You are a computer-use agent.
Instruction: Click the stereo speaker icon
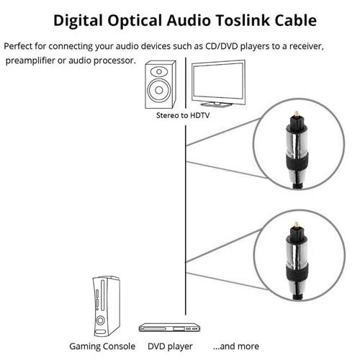[159, 83]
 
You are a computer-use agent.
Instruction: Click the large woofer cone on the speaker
[159, 90]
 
